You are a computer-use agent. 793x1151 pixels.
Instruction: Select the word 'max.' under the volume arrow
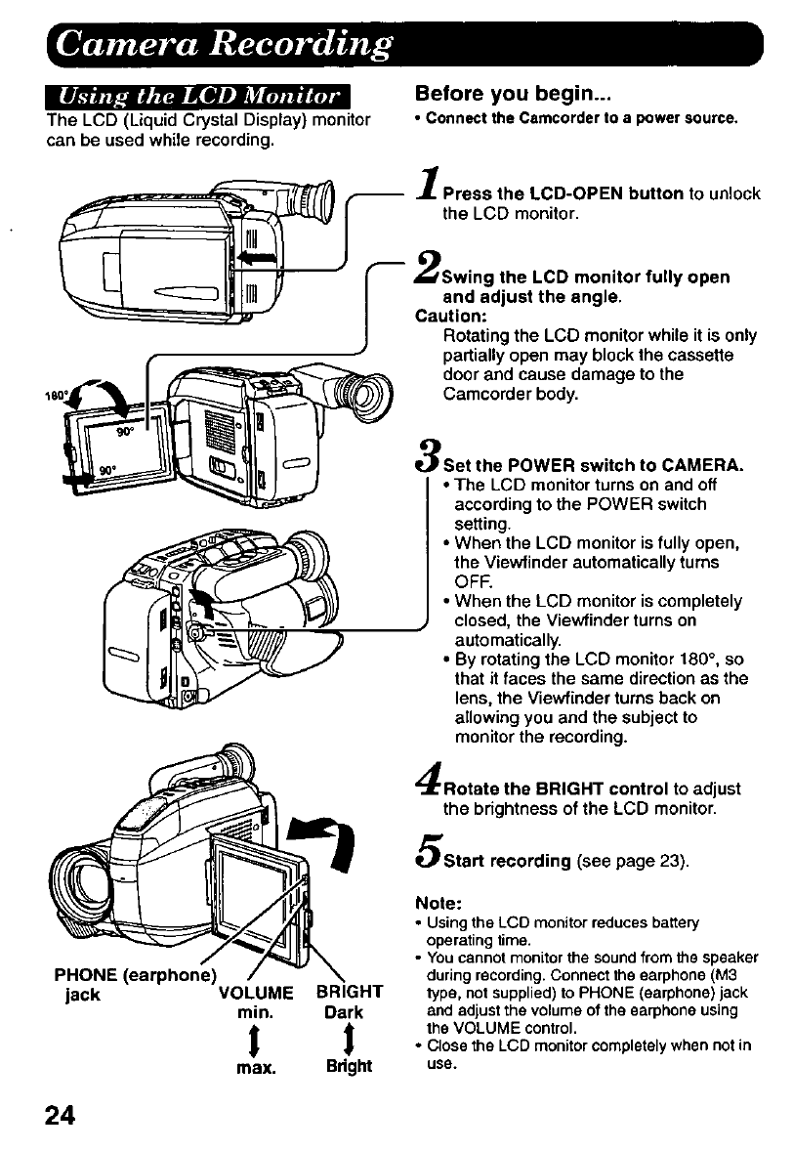254,1066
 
